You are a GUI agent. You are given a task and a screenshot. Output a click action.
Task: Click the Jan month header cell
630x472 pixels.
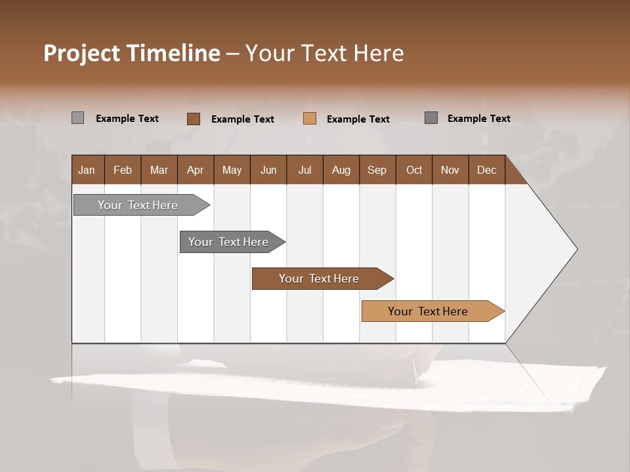(87, 170)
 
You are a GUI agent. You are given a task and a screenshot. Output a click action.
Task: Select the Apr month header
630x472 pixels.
(196, 170)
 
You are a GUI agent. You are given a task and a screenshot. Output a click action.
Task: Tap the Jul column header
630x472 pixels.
(304, 170)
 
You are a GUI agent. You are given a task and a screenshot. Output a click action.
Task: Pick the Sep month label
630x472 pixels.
(377, 170)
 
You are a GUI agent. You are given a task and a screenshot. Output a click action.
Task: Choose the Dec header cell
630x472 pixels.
(486, 170)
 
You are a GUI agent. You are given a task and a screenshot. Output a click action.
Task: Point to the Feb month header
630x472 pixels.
(123, 170)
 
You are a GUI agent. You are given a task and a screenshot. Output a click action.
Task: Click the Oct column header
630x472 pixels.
(414, 170)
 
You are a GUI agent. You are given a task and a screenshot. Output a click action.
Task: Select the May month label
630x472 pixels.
(232, 170)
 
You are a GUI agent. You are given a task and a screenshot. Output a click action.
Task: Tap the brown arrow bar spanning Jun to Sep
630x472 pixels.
(320, 279)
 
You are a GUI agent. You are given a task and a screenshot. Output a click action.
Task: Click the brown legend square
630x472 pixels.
(194, 119)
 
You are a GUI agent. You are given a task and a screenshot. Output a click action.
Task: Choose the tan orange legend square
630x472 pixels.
(310, 119)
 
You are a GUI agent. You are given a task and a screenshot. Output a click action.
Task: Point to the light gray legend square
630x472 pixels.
(77, 118)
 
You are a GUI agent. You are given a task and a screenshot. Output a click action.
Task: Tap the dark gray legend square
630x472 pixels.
(431, 118)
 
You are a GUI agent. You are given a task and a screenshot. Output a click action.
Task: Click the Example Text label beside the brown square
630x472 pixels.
(243, 119)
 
